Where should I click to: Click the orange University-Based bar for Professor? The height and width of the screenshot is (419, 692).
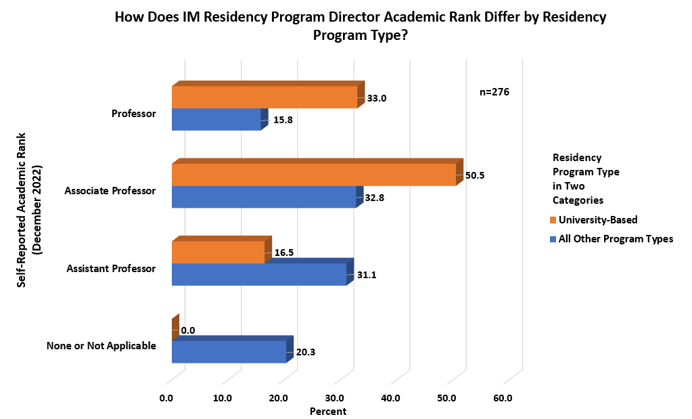264,97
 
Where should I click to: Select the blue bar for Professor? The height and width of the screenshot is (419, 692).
216,119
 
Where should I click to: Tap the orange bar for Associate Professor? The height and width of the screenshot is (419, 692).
313,175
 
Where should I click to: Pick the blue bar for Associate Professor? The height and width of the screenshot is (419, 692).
263,196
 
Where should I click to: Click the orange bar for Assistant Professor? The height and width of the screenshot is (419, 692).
218,252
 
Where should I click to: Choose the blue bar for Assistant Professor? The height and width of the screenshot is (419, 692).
258,274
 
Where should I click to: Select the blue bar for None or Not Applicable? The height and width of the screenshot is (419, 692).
229,351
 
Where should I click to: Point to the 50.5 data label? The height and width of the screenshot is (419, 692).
476,175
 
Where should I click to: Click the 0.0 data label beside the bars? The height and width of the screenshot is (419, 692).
188,330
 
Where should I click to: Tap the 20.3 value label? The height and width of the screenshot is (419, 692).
306,352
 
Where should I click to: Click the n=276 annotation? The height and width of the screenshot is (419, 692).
494,92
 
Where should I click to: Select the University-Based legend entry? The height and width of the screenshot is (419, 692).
597,220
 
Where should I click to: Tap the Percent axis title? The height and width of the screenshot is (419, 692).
327,412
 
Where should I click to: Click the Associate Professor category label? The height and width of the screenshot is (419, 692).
110,191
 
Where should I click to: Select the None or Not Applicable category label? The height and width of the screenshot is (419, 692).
101,346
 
